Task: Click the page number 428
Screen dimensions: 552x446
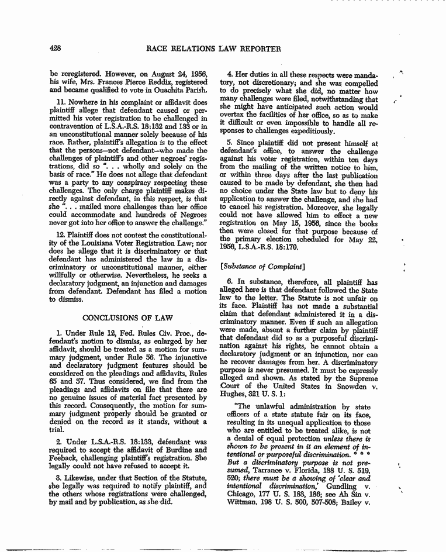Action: tap(57, 49)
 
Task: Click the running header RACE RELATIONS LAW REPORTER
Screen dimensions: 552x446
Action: tap(214, 49)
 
